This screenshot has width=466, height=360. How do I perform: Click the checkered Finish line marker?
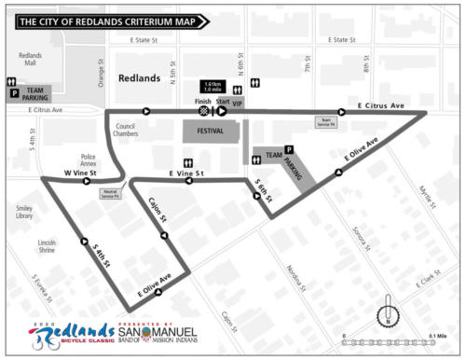click(x=204, y=112)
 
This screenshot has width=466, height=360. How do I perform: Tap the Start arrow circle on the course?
click(x=223, y=112)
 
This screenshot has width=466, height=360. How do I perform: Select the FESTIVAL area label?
click(x=210, y=132)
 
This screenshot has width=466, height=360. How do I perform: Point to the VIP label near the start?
click(x=238, y=104)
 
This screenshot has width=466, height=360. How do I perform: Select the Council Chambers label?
click(x=126, y=130)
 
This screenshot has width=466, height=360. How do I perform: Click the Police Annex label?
click(x=89, y=159)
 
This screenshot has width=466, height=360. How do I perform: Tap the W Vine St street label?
click(x=80, y=174)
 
